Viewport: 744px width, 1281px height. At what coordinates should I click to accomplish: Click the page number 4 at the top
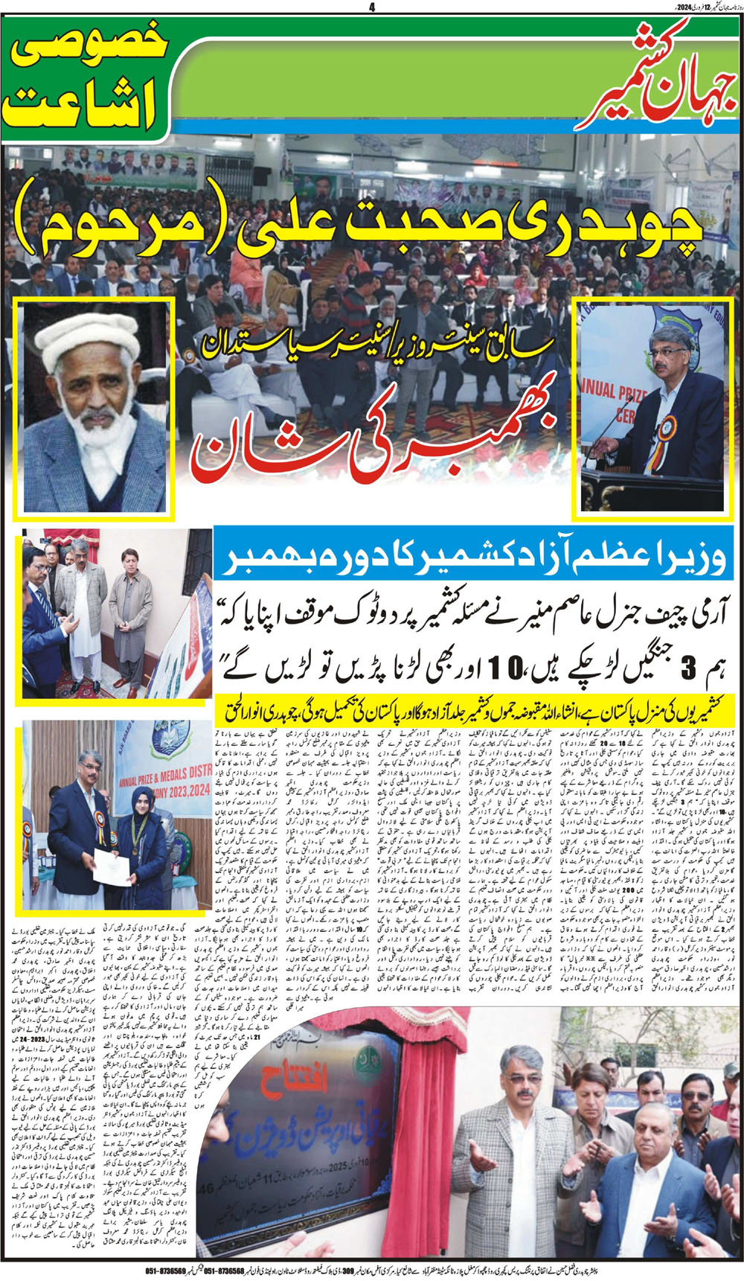tap(371, 7)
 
